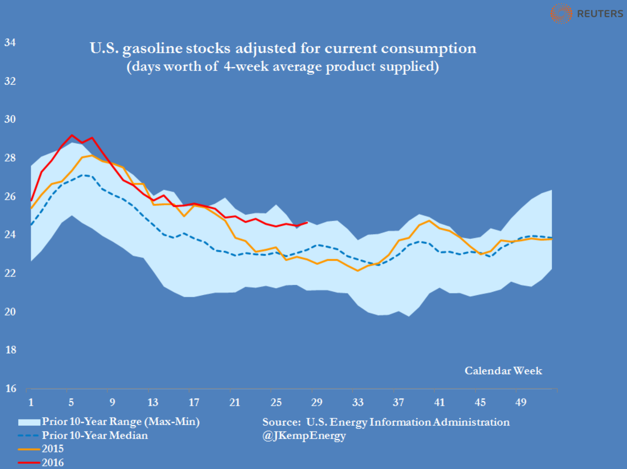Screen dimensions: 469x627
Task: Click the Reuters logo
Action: [x=587, y=14]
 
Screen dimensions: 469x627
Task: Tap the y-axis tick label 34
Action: [x=10, y=43]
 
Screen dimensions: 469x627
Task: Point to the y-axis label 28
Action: [x=10, y=158]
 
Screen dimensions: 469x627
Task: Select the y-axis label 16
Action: [x=10, y=389]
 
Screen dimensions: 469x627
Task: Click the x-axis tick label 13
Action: [x=153, y=403]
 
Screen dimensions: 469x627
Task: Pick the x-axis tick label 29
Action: [x=316, y=403]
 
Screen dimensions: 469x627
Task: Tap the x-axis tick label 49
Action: [x=521, y=403]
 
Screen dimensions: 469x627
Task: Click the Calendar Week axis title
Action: [x=503, y=371]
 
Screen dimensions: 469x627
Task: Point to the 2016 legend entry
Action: [x=53, y=463]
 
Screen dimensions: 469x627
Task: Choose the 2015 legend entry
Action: [x=53, y=449]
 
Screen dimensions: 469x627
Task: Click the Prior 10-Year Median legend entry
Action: [x=94, y=436]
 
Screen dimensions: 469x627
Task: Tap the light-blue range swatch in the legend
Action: [x=29, y=422]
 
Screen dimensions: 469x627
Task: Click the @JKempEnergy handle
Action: [x=304, y=436]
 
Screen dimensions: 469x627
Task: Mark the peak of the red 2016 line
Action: [x=72, y=135]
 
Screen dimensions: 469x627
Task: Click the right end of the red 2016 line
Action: [x=307, y=222]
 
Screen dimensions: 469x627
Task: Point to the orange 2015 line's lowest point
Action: [x=358, y=271]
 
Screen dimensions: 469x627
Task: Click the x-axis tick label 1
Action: [x=31, y=403]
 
